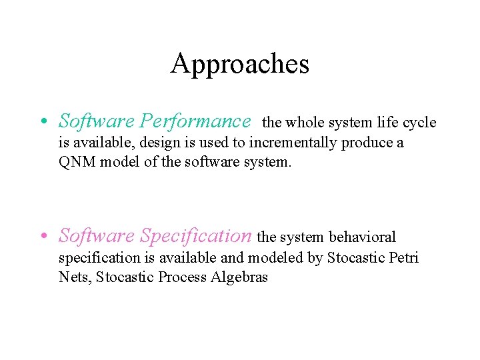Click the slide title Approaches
pos(240,64)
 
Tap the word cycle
pos(420,123)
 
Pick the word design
pos(159,143)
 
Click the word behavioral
pos(363,237)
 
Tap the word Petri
pos(404,257)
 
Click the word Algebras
pos(239,277)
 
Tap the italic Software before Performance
pos(96,121)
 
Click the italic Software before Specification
pos(96,236)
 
